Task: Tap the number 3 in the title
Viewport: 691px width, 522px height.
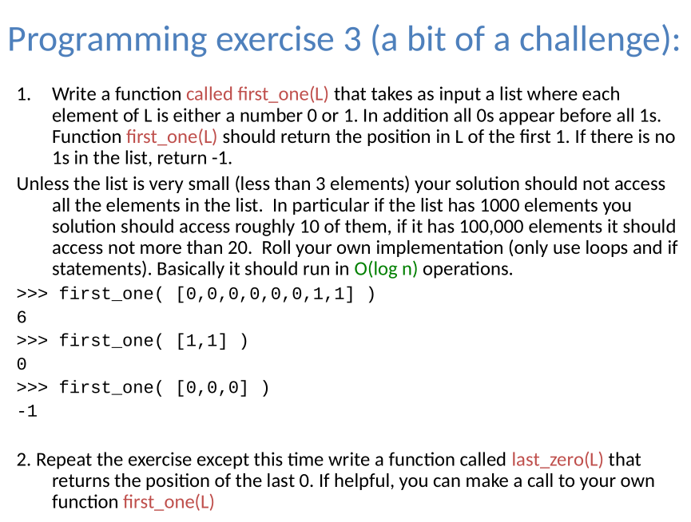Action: point(352,40)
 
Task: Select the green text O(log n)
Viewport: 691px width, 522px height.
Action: point(386,269)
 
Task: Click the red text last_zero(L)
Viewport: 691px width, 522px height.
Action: point(558,461)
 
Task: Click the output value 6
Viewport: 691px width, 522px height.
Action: point(22,317)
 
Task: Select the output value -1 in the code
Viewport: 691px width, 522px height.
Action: point(26,411)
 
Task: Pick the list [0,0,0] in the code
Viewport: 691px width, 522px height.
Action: point(211,388)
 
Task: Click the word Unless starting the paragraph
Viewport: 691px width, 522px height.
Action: point(41,185)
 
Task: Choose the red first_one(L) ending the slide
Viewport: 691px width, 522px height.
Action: point(169,502)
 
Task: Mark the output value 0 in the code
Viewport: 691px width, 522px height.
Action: point(22,364)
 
